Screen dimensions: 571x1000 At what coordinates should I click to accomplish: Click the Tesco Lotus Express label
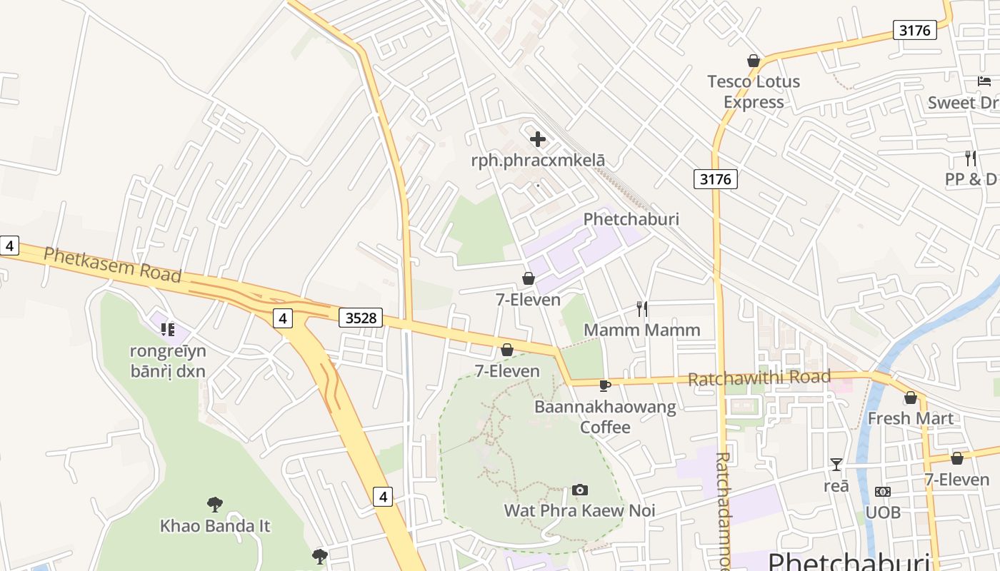pos(753,92)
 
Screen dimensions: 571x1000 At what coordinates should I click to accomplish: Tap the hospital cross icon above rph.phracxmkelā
pos(538,139)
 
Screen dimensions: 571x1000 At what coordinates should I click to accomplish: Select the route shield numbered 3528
pos(360,318)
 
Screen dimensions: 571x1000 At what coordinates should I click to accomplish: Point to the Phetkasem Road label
pos(112,264)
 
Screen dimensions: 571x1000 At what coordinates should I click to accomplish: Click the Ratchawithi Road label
pos(759,378)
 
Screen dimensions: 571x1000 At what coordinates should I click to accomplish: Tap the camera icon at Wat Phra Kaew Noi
pos(580,490)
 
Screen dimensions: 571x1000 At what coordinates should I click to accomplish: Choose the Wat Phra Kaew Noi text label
pos(579,511)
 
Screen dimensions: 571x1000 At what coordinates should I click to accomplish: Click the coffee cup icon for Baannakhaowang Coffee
pos(605,386)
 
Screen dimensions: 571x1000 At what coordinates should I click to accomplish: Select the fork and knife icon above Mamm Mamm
pos(642,309)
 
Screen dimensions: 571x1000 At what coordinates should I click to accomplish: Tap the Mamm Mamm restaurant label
pos(642,330)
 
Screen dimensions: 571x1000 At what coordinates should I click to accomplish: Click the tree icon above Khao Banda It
pos(214,505)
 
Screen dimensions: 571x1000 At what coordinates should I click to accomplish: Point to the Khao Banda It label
pos(215,526)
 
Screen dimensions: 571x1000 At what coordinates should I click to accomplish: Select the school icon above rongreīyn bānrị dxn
pos(168,329)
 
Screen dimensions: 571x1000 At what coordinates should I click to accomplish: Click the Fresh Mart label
pos(910,418)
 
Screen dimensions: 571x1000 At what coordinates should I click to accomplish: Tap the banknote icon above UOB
pos(883,492)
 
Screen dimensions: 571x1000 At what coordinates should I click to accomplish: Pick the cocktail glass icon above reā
pos(836,465)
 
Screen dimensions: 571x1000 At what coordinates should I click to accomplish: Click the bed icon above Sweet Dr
pos(984,81)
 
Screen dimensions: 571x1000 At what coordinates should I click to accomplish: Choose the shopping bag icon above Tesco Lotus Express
pos(753,61)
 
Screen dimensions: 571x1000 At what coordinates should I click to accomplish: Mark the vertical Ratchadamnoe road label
pos(722,510)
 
